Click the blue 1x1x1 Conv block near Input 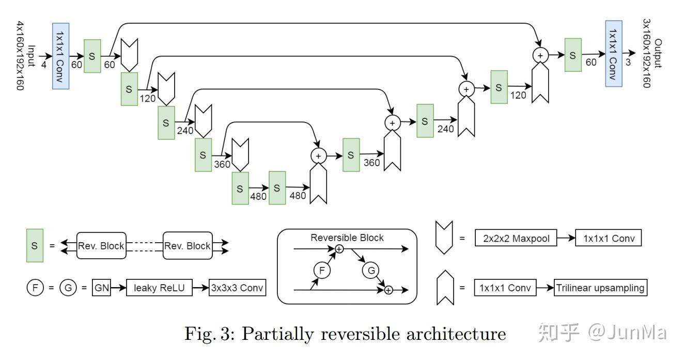click(x=60, y=56)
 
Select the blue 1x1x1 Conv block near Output click(x=613, y=54)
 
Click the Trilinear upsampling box click(x=600, y=288)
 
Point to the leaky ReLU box click(x=159, y=288)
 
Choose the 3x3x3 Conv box click(x=238, y=288)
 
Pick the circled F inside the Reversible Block click(x=322, y=270)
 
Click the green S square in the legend click(x=35, y=245)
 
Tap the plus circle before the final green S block click(x=540, y=55)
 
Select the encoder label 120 click(x=148, y=98)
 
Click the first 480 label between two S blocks click(x=258, y=196)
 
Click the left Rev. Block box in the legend click(x=101, y=246)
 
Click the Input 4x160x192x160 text click(x=25, y=56)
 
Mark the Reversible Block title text click(x=347, y=238)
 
